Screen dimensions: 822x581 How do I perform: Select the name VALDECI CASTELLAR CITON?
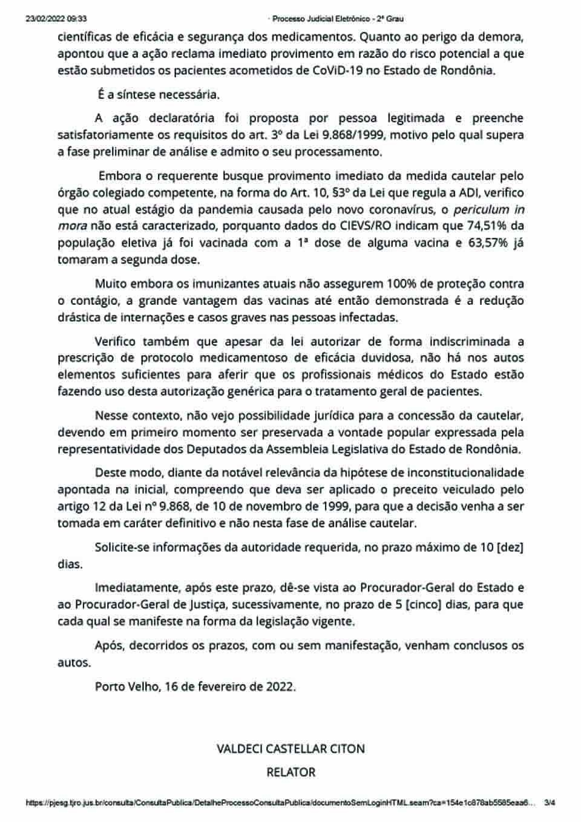(290, 749)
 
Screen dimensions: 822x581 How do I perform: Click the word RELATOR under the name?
(290, 772)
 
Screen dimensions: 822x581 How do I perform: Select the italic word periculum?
(481, 210)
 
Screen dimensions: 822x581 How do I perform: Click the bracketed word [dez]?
(510, 548)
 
